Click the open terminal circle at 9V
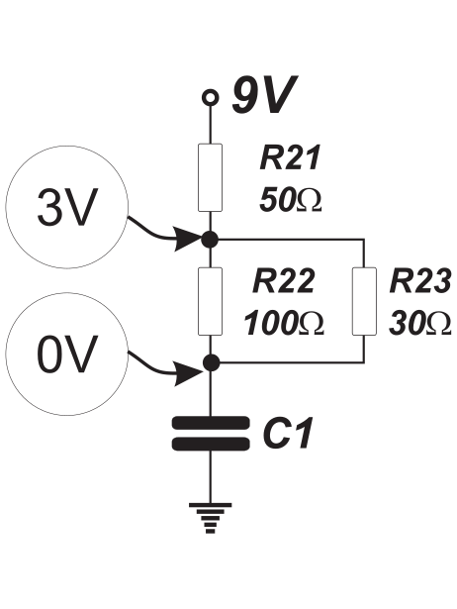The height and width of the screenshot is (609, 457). coord(211,97)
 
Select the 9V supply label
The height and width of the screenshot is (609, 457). coord(264,94)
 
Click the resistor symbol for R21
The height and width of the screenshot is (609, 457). coord(211,177)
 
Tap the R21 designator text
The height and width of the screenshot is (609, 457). coord(290,157)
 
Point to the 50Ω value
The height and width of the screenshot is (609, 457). coord(291,200)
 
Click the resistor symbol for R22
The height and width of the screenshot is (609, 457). coord(211,301)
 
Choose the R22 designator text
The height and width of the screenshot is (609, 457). coord(283,280)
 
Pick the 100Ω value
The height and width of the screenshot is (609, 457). coord(284,323)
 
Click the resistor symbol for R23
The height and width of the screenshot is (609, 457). coord(364,301)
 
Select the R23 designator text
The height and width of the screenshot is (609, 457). coord(420,280)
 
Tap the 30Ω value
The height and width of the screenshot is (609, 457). coord(420,323)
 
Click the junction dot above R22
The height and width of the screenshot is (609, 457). coord(211,240)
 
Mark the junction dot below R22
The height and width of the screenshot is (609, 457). coord(211,362)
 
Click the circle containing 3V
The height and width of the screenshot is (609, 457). coord(66,207)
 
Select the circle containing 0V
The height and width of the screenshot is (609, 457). coord(66,355)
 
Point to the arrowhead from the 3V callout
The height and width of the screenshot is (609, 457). coord(189,238)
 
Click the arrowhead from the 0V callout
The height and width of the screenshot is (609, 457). coord(189,374)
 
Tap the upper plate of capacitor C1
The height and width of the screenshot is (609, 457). coord(211,423)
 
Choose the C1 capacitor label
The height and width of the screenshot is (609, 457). coord(288,434)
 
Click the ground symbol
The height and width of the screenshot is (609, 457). coord(211,518)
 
